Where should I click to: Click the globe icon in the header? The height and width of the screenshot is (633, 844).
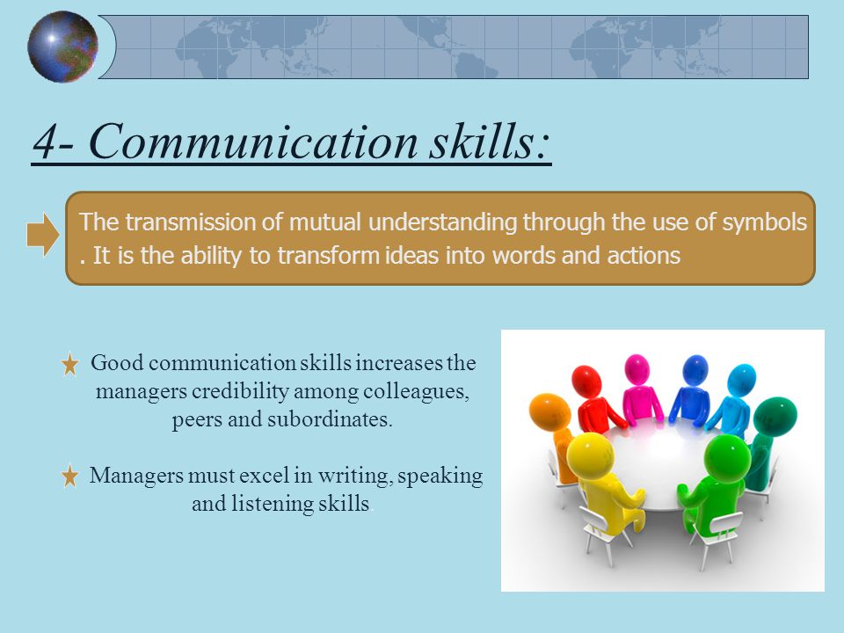pyautogui.click(x=62, y=47)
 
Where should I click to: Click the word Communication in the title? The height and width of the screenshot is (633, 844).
pyautogui.click(x=253, y=141)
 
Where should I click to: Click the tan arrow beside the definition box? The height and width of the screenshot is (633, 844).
pyautogui.click(x=43, y=235)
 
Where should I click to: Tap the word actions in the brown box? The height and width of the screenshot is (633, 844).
pyautogui.click(x=644, y=256)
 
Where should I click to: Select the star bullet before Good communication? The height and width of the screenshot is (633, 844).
pyautogui.click(x=70, y=364)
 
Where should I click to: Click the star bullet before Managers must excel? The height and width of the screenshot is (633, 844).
pyautogui.click(x=70, y=477)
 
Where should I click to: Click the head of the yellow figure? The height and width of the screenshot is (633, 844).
pyautogui.click(x=590, y=455)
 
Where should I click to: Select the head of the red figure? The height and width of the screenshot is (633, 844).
pyautogui.click(x=586, y=381)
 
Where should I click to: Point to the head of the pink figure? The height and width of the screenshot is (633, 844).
pyautogui.click(x=637, y=369)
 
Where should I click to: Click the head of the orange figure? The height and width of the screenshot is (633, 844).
pyautogui.click(x=549, y=412)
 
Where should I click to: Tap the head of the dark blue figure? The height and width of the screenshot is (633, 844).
pyautogui.click(x=695, y=370)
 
